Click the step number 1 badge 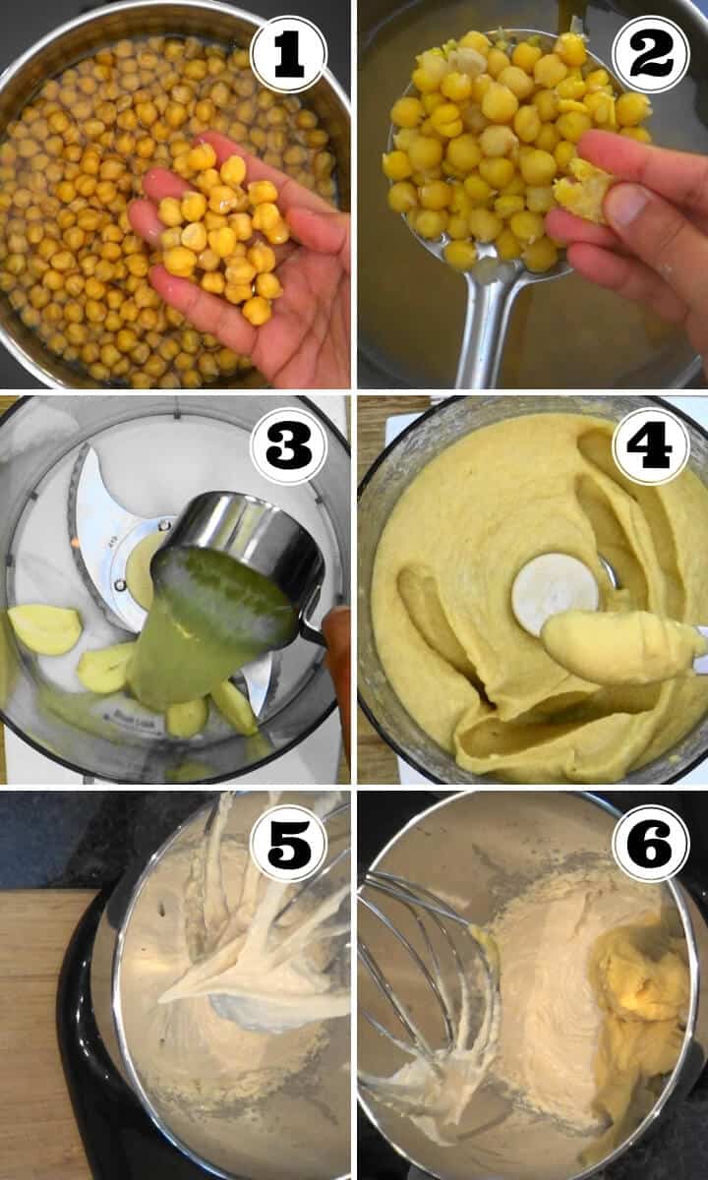coord(288,54)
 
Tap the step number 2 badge coord(651,54)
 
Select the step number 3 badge coord(288,446)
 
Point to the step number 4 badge coord(651,446)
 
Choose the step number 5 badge coord(288,843)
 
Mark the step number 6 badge coord(651,843)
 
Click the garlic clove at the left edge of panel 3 coord(43,629)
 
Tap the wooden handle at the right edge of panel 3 coord(338,684)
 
